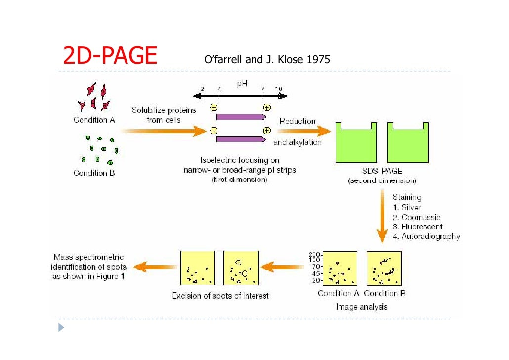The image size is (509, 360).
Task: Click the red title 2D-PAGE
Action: [110, 56]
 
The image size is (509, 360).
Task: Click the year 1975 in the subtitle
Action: [318, 60]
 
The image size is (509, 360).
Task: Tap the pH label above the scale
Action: [242, 84]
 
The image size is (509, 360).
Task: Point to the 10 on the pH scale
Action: [278, 89]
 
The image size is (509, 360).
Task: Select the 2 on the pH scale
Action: [202, 89]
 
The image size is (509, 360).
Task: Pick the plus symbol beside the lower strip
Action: [267, 131]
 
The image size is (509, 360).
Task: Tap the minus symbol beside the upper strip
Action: [213, 108]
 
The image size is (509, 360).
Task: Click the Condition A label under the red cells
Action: [94, 120]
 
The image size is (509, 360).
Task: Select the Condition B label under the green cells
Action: [94, 173]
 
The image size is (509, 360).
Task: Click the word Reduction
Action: [297, 121]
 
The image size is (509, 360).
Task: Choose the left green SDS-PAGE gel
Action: [356, 143]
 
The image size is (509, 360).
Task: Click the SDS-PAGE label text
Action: [382, 171]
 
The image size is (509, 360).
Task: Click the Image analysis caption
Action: [362, 307]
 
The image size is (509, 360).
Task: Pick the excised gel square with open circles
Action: [241, 268]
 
